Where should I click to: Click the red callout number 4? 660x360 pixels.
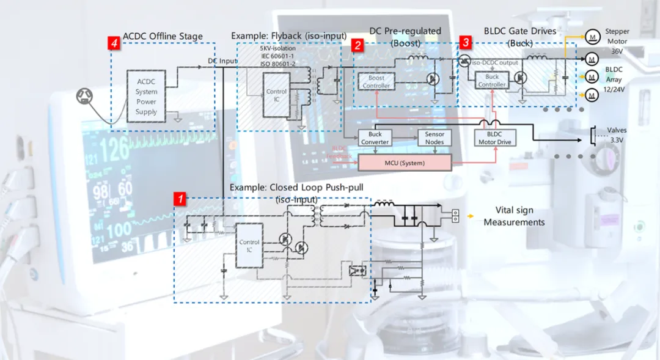[x=113, y=43]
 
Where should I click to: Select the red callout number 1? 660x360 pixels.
[x=180, y=199]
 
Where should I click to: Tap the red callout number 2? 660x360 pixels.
[x=358, y=44]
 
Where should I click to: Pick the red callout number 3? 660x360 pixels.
[x=466, y=43]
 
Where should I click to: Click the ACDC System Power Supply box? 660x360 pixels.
[x=147, y=97]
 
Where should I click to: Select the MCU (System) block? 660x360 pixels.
[x=404, y=163]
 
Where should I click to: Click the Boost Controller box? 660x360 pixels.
[x=376, y=82]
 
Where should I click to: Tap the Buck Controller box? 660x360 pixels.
[x=492, y=81]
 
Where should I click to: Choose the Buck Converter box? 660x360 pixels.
[x=375, y=138]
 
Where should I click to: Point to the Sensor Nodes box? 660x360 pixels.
[x=435, y=138]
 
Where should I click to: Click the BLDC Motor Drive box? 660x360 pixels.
[x=495, y=138]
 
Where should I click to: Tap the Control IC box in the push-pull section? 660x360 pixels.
[x=249, y=246]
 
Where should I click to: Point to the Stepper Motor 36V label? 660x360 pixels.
[x=617, y=40]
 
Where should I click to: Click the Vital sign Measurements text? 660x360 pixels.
[x=514, y=216]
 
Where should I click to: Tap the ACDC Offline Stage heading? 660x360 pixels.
[x=163, y=37]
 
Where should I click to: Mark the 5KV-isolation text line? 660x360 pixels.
[x=277, y=48]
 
